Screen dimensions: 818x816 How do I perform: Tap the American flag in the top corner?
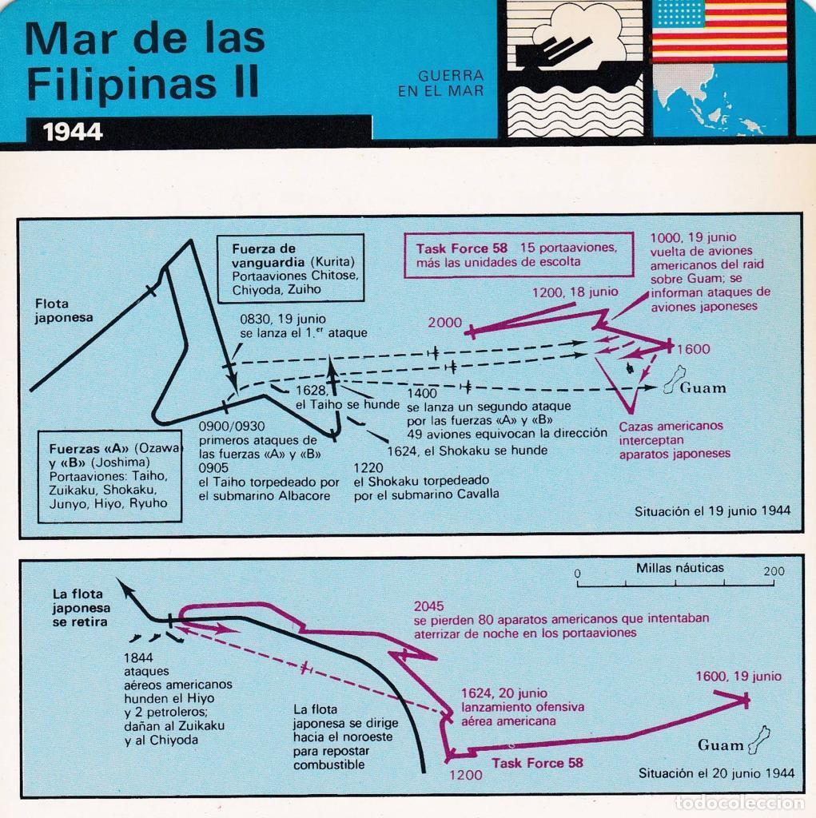(719, 32)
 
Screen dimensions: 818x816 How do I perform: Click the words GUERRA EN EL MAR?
(440, 83)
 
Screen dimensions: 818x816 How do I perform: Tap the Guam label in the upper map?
(703, 388)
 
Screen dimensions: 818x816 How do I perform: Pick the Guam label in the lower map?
(720, 745)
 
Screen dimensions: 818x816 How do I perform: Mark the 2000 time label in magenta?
(444, 323)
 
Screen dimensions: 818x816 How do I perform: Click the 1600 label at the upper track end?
(693, 349)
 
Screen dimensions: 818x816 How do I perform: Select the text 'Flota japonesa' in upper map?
(64, 310)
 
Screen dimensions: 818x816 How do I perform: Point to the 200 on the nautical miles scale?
(774, 571)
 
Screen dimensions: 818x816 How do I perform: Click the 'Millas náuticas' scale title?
(680, 568)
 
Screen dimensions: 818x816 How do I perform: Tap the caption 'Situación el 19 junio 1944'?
(713, 510)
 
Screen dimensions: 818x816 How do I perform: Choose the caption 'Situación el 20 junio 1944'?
(716, 772)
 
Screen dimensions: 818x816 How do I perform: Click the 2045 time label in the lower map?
(428, 606)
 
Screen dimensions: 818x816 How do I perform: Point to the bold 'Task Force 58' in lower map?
(537, 763)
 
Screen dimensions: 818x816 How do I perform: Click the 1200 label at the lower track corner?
(466, 775)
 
